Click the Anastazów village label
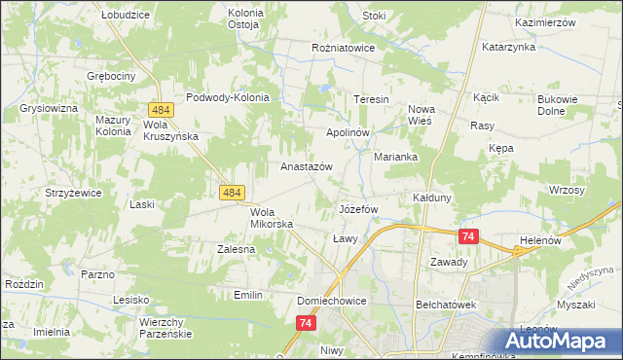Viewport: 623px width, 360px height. [307, 166]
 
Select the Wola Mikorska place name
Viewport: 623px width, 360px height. [272, 218]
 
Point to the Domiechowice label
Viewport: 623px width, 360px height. [332, 302]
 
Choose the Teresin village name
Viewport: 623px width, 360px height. [371, 100]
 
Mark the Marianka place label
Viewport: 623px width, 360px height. [396, 157]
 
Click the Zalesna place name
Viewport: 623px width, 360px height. [236, 249]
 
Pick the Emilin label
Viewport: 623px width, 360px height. [249, 294]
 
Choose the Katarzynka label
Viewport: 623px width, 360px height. [508, 46]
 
